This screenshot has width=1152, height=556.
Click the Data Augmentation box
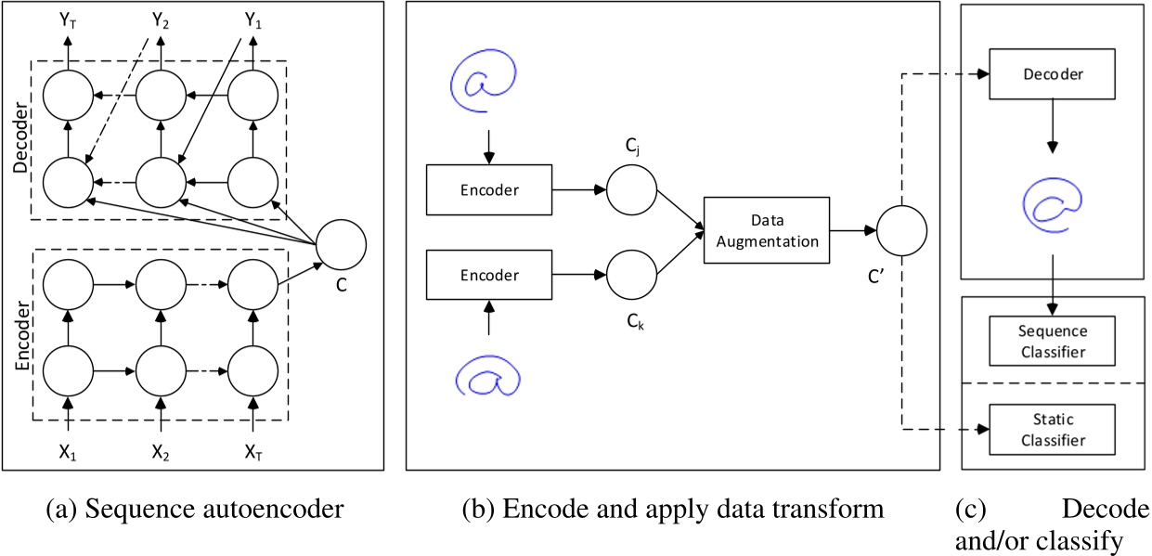(x=766, y=229)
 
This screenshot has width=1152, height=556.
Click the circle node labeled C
(x=341, y=244)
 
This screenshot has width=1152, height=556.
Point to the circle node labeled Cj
(x=631, y=189)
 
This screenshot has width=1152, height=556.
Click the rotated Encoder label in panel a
(x=20, y=339)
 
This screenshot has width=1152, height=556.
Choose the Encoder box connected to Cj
(x=488, y=189)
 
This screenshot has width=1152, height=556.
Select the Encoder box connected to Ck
(x=488, y=277)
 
